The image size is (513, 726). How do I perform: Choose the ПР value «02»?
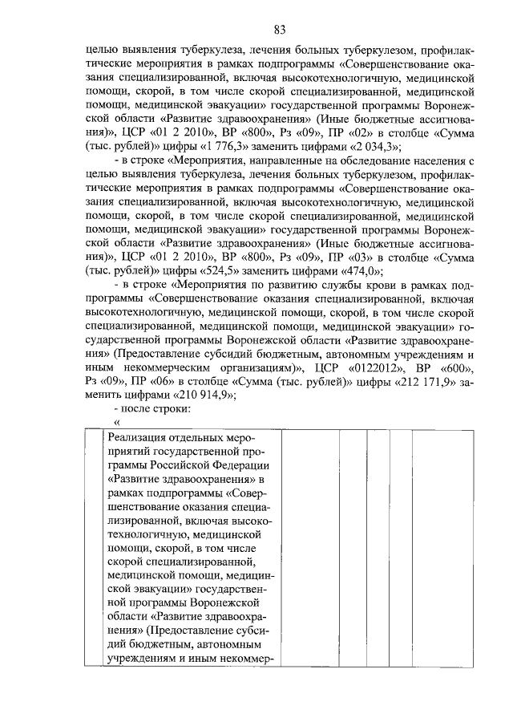(x=331, y=134)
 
